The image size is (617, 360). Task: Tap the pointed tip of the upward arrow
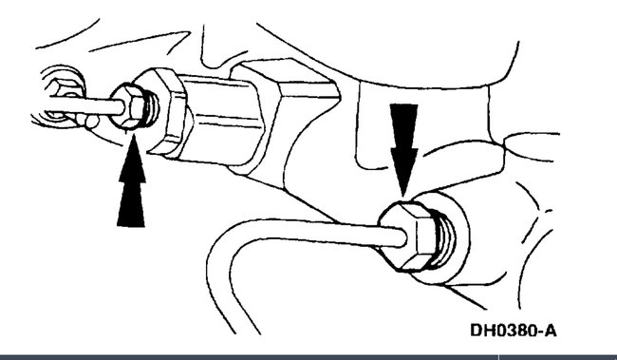coord(132,141)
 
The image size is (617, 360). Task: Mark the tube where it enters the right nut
coord(375,228)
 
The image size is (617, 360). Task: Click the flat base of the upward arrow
coord(132,224)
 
